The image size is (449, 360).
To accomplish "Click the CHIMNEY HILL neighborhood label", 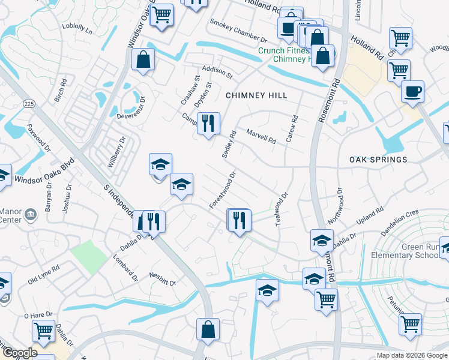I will [256, 95].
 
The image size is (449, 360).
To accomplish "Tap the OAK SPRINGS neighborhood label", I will [378, 160].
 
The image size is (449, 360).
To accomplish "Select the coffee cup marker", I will [412, 92].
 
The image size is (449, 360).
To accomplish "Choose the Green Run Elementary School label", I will [412, 251].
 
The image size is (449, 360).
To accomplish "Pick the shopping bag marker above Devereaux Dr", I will [143, 59].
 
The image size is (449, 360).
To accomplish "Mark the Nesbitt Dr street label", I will [163, 281].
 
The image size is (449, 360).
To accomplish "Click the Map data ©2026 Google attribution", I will [412, 355].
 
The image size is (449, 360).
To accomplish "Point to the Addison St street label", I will [217, 73].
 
